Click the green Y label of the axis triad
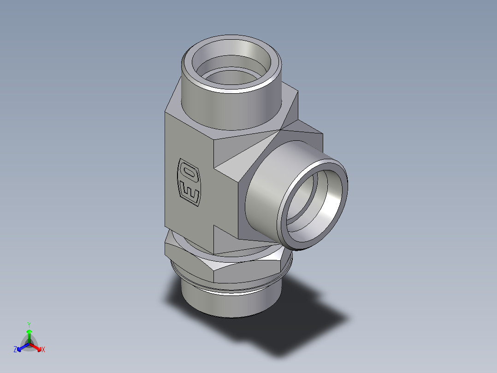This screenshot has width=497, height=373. point(29,324)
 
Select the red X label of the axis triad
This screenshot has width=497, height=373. point(43,349)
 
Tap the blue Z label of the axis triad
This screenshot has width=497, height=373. point(15,349)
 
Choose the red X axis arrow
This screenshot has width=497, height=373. point(36,346)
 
